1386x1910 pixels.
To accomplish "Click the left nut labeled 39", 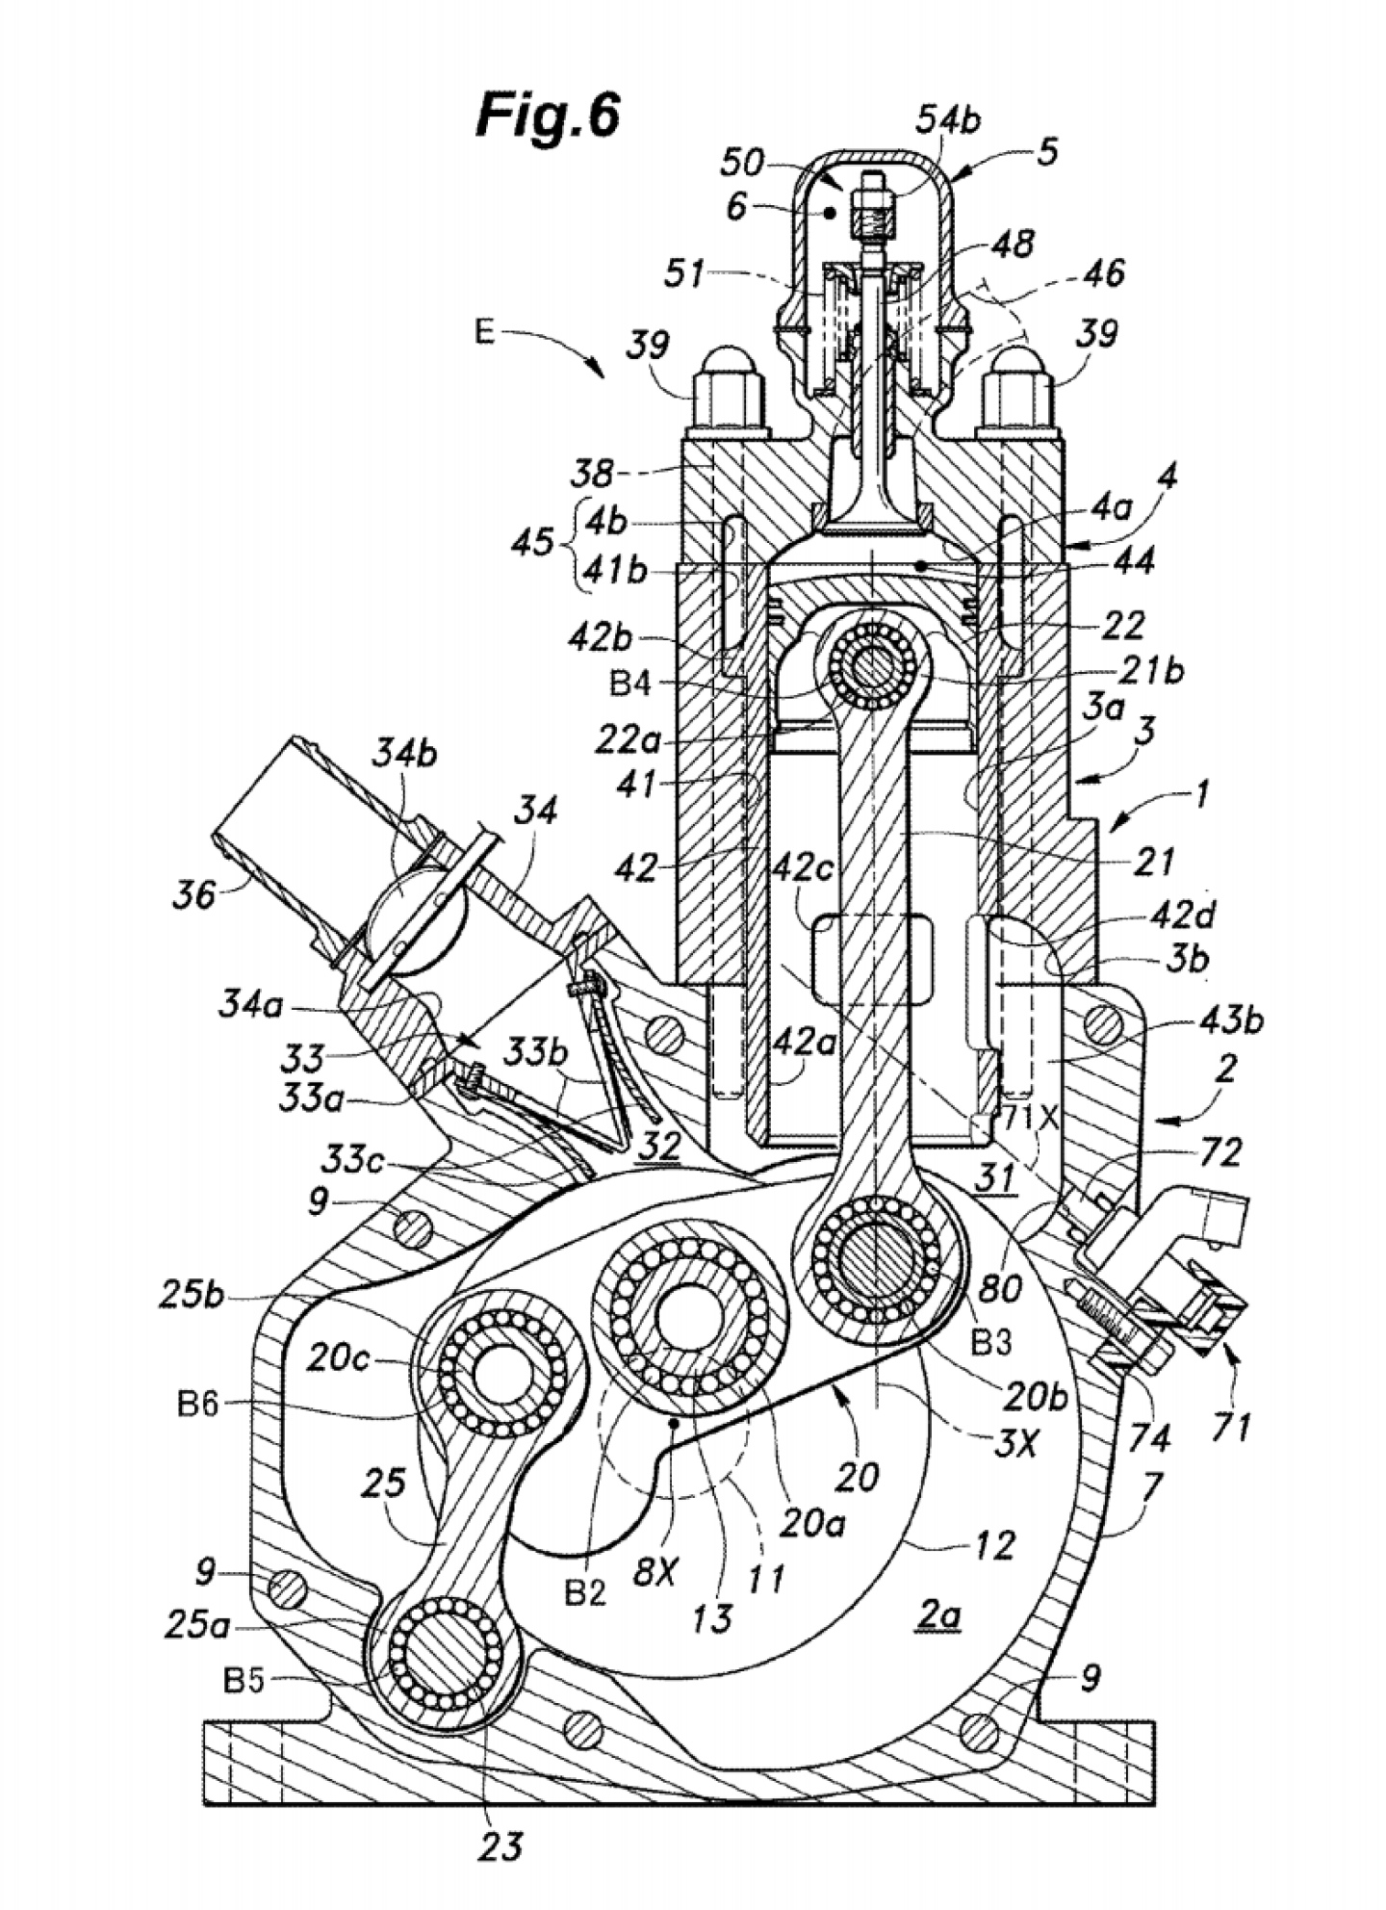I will (x=729, y=397).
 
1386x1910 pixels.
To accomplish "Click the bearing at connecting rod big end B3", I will (x=876, y=1258).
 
